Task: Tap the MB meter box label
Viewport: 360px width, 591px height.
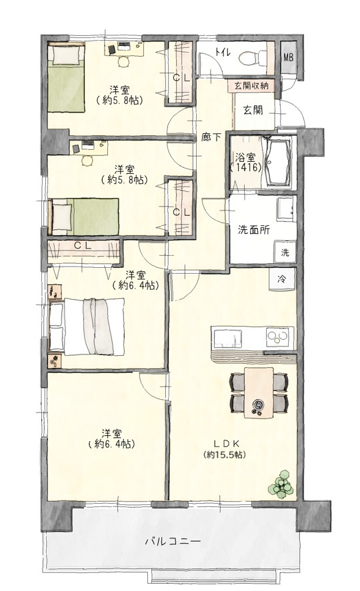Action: (289, 58)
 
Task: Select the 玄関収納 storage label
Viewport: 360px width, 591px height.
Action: (251, 85)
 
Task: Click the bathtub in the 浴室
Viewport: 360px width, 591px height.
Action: (278, 163)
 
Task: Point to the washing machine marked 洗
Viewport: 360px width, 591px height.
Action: (285, 252)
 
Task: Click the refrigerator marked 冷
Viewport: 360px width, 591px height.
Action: (282, 279)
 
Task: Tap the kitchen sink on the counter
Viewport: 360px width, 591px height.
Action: (228, 338)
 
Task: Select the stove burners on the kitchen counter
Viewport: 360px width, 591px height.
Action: (279, 336)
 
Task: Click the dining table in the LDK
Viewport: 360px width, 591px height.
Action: (259, 392)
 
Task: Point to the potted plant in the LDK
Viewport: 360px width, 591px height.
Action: (281, 484)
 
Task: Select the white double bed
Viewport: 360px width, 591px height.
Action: (87, 326)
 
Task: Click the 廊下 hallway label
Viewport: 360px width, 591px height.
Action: (211, 137)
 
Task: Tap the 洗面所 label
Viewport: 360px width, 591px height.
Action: (254, 230)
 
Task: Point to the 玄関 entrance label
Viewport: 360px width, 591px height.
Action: (253, 111)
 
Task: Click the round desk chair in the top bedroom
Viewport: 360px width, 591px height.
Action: (123, 61)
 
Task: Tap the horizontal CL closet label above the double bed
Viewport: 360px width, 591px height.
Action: (83, 246)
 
